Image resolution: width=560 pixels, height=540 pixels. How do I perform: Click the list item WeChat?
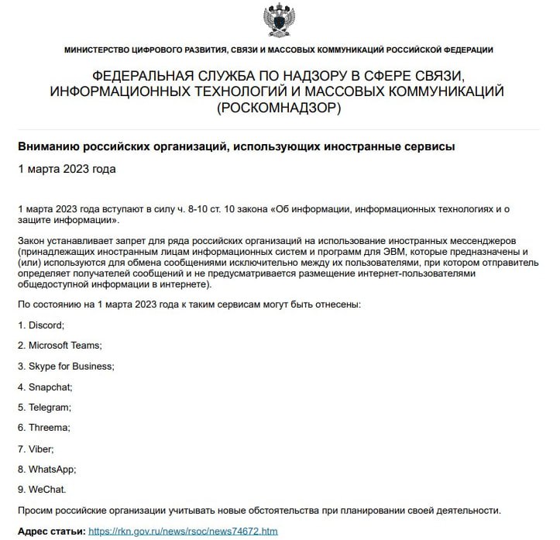tap(48, 490)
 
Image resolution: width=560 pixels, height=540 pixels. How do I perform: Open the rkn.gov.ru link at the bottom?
tap(183, 531)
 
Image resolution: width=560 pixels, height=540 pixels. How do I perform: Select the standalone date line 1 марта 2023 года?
tap(67, 168)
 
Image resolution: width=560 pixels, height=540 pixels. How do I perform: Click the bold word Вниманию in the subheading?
tap(48, 146)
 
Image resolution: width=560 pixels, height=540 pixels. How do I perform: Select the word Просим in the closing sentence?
tap(37, 511)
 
